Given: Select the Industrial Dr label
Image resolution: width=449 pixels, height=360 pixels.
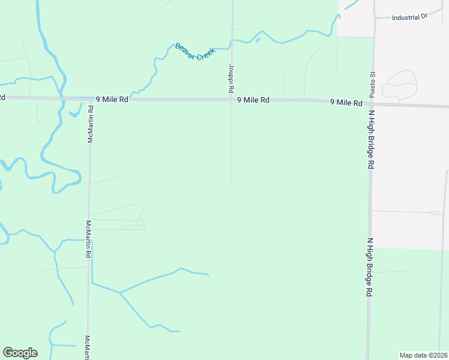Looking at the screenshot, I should [x=409, y=17].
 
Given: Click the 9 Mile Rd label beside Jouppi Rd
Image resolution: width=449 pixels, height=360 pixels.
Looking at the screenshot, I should [x=253, y=100].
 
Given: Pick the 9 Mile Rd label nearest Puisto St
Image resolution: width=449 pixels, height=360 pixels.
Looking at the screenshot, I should [x=346, y=103].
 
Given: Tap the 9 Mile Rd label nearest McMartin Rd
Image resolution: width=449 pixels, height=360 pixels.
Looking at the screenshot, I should [x=112, y=100].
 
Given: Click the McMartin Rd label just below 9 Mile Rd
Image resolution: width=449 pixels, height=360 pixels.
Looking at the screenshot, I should [x=91, y=124].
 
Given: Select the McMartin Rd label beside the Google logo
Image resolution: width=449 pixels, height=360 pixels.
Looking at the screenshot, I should [x=88, y=347].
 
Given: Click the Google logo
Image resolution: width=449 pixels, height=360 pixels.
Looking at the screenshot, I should [x=20, y=353].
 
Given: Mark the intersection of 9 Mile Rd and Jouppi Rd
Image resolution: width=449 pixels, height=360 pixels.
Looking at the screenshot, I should [x=232, y=100].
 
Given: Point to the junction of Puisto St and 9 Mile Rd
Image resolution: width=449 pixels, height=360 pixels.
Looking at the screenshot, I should [x=373, y=103].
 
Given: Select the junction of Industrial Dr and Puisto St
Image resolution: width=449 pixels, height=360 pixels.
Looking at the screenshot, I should [x=375, y=18].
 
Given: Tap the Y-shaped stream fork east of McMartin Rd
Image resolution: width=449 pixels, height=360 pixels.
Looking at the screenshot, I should [x=119, y=293].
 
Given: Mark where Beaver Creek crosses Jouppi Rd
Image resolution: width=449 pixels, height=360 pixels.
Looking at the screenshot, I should [x=232, y=41].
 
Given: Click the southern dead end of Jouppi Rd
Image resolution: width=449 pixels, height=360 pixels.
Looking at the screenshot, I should [x=231, y=186].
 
